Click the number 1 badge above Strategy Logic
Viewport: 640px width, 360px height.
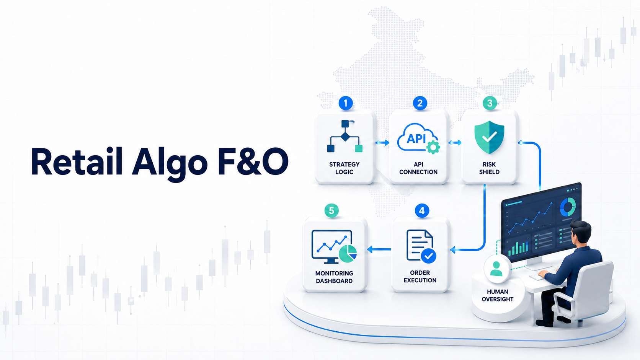[x=345, y=103]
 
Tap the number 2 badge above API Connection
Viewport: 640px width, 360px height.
[x=420, y=103]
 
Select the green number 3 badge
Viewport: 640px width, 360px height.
[x=490, y=103]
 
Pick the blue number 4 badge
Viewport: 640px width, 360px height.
[x=422, y=211]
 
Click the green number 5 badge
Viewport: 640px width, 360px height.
[x=331, y=211]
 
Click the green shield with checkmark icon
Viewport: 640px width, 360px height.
[x=489, y=137]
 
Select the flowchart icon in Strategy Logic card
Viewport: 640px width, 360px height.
[x=345, y=136]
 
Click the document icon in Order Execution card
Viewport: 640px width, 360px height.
[x=421, y=246]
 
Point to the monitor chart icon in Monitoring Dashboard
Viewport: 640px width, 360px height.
[x=334, y=246]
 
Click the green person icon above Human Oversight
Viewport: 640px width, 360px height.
[x=496, y=269]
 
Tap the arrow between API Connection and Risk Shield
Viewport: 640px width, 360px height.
[x=455, y=142]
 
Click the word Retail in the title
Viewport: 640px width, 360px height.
[x=77, y=161]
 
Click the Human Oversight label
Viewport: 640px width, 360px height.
[x=498, y=295]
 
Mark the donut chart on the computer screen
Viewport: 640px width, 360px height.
[x=568, y=207]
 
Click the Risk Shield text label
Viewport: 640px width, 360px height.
[x=489, y=168]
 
